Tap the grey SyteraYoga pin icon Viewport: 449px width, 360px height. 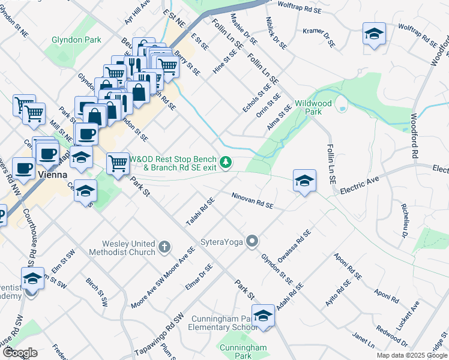[x=253, y=242]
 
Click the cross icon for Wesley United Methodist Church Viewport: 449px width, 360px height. [x=165, y=247]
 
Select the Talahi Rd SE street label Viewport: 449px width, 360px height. [x=200, y=212]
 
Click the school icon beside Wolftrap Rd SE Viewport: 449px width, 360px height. [x=374, y=34]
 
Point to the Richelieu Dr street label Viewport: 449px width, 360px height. [x=405, y=220]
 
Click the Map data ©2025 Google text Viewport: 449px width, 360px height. [x=411, y=355]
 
